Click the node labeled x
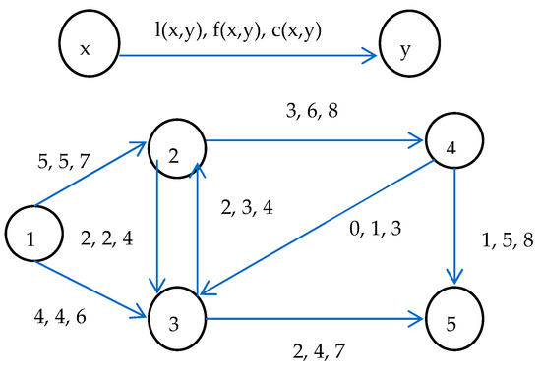click(86, 45)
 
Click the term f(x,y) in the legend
click(248, 29)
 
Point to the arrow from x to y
click(246, 57)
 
